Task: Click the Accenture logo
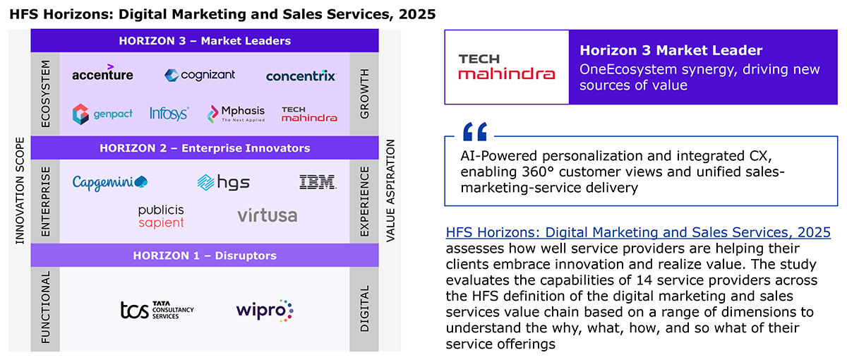tap(102, 73)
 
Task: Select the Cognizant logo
tap(200, 75)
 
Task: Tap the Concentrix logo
tap(301, 76)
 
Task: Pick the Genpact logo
tap(102, 114)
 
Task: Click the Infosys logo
tap(169, 114)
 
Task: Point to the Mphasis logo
tap(236, 114)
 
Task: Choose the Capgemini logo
tap(110, 183)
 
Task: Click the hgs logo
tap(224, 183)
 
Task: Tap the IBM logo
tap(318, 182)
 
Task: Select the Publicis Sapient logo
tap(161, 217)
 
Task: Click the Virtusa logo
tap(268, 215)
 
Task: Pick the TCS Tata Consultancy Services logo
tap(157, 310)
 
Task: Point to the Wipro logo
tap(265, 311)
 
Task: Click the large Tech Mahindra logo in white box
tap(507, 67)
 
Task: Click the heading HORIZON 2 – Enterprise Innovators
tap(205, 148)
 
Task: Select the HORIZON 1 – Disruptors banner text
tap(205, 256)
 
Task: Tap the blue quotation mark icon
tap(475, 131)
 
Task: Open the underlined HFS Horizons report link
tap(638, 232)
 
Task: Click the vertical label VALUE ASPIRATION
tap(390, 191)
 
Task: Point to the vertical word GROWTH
tap(364, 94)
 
